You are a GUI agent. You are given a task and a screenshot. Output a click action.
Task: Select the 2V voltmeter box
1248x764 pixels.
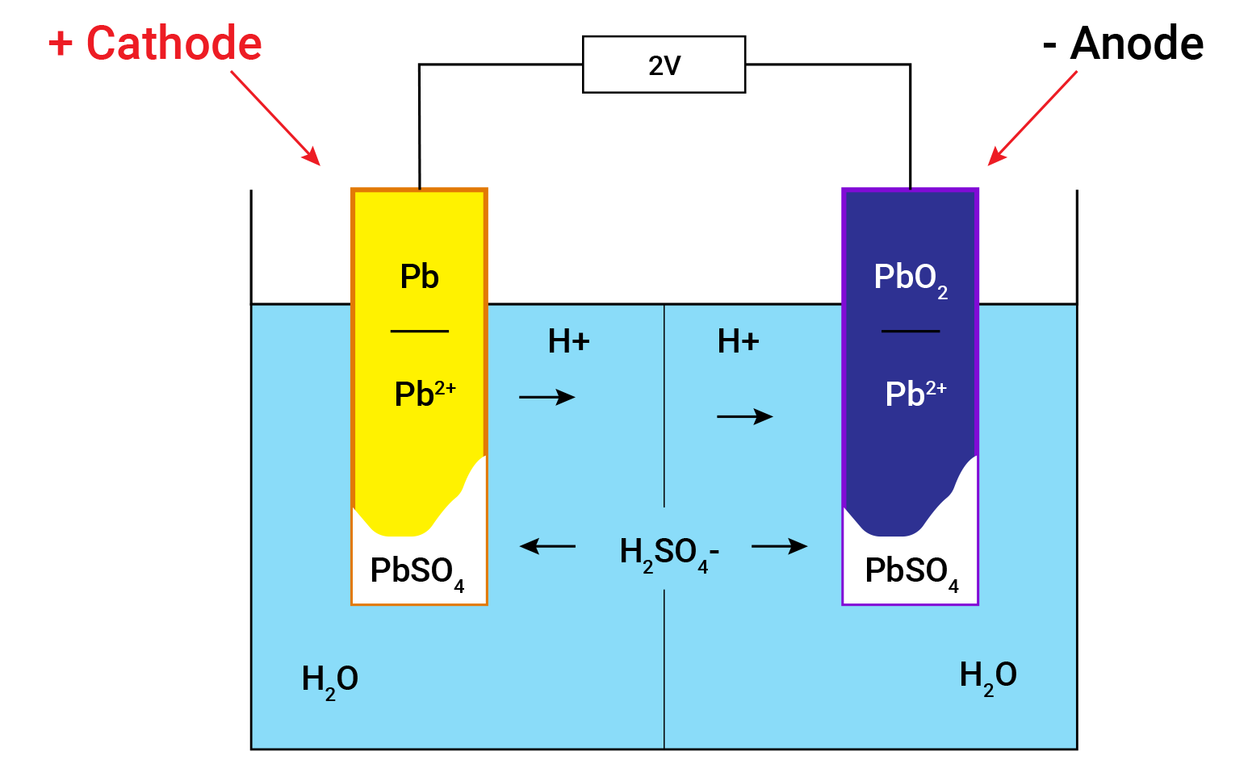(x=664, y=65)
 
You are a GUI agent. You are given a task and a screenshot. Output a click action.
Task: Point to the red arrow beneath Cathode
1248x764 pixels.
(x=274, y=117)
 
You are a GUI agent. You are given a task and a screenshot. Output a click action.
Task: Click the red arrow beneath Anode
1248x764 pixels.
(x=1032, y=118)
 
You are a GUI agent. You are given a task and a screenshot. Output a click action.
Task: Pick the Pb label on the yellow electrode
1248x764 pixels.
(x=419, y=277)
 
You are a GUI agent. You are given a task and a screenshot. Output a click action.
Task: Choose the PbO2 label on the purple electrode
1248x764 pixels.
(x=910, y=278)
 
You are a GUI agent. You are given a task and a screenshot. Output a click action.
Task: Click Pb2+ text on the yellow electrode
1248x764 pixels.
(x=425, y=393)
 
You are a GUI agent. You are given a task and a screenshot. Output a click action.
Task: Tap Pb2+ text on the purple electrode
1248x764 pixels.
(x=915, y=393)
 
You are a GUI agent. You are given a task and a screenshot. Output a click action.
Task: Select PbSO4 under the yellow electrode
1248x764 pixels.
(x=417, y=572)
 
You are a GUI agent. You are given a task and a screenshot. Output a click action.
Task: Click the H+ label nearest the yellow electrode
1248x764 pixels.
(x=568, y=341)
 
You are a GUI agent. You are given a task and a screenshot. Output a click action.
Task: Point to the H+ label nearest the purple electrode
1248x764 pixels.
(x=738, y=341)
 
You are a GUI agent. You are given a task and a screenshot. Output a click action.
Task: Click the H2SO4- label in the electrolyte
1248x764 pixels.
(x=668, y=553)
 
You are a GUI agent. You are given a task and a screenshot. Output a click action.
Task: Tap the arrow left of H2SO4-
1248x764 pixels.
(x=547, y=546)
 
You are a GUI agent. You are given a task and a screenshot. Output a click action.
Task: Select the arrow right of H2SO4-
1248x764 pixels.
(x=779, y=546)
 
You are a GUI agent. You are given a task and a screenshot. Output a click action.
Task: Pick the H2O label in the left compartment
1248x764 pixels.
(x=329, y=680)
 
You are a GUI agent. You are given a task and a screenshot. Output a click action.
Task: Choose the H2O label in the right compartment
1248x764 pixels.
(x=987, y=676)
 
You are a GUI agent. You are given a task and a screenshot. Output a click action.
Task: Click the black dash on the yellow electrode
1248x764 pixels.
(x=419, y=331)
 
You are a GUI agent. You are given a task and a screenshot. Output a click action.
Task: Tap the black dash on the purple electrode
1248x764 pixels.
(x=910, y=331)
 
